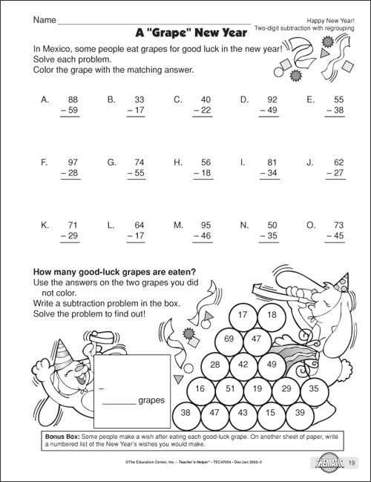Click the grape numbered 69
[229, 339]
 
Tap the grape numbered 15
[270, 412]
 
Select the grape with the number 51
[230, 388]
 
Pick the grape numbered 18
[271, 315]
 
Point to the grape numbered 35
[314, 388]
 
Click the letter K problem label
[45, 224]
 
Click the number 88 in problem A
[73, 99]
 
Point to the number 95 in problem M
[206, 224]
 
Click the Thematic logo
[323, 466]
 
